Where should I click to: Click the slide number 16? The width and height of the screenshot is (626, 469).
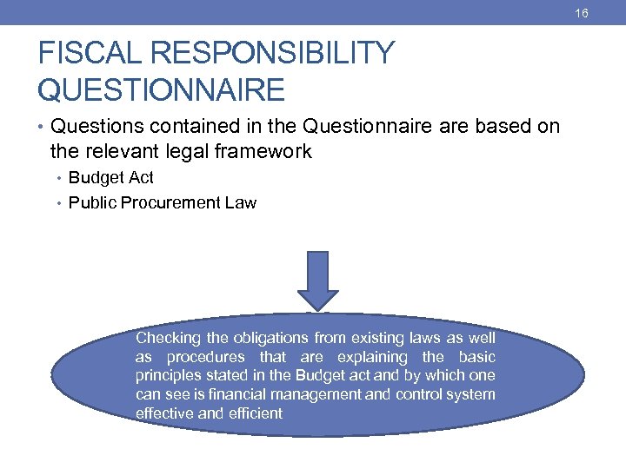[x=606, y=13]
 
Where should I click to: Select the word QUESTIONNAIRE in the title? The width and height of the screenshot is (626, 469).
[x=161, y=89]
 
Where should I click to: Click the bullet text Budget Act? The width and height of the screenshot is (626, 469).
[x=110, y=178]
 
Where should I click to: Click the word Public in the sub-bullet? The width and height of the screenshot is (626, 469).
[x=90, y=203]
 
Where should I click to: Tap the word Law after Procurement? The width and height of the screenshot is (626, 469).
[x=241, y=203]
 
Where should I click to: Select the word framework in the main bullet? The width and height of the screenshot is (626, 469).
[x=266, y=152]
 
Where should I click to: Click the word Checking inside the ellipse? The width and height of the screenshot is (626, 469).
[x=167, y=338]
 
